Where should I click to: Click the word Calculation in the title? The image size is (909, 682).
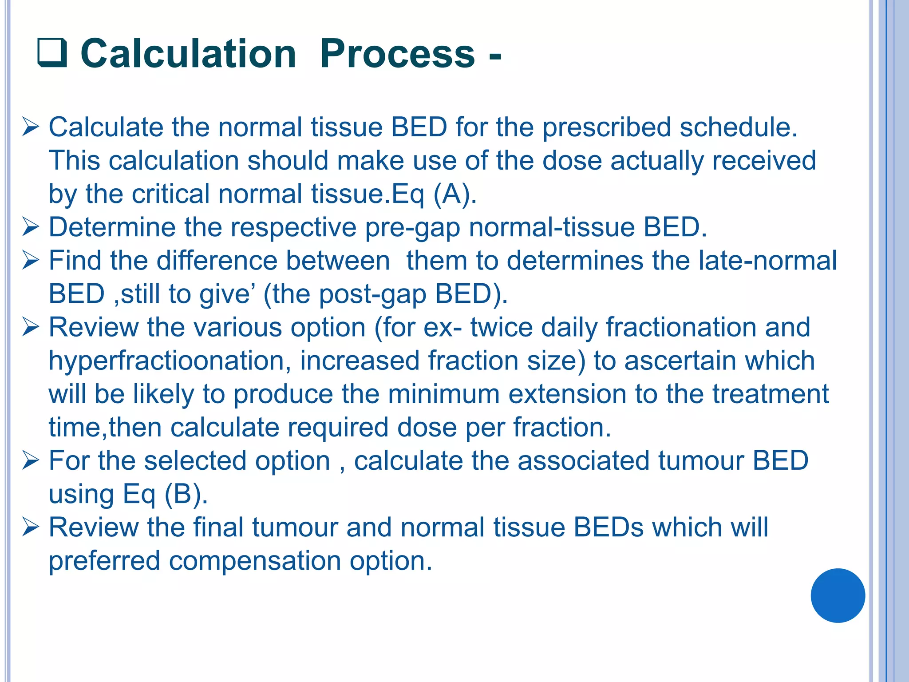point(188,54)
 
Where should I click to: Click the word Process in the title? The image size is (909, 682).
point(397,54)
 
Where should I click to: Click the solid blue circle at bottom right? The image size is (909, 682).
point(838,595)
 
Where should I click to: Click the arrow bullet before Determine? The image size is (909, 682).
point(31,227)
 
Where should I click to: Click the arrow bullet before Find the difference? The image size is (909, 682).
point(31,261)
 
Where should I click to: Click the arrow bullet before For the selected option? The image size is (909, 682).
point(31,461)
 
